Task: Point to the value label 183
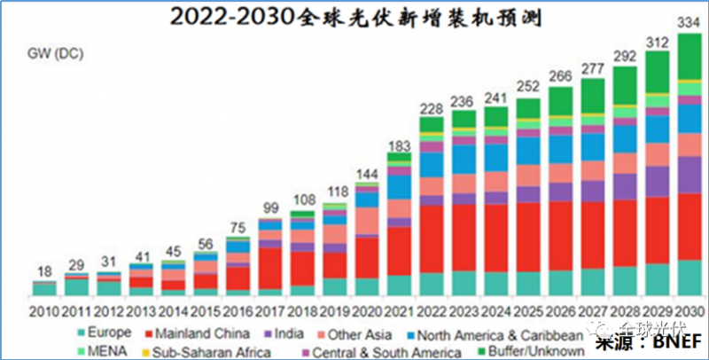(399, 145)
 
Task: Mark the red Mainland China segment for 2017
(269, 269)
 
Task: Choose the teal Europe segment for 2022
(432, 285)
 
